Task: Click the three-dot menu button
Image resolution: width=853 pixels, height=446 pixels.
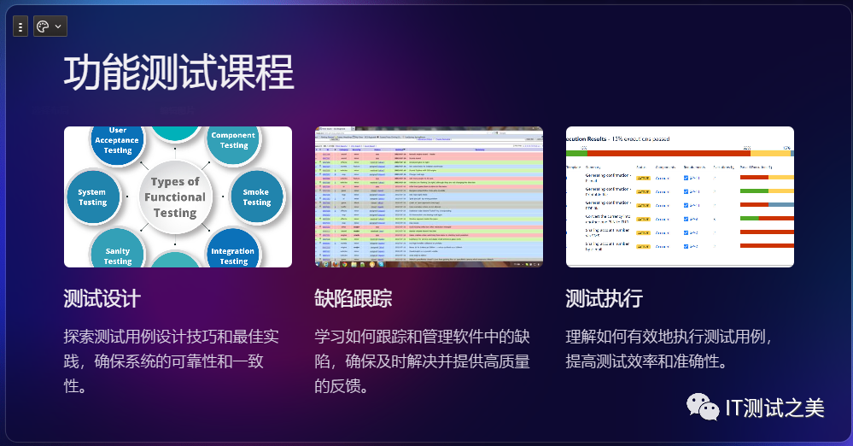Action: (x=20, y=26)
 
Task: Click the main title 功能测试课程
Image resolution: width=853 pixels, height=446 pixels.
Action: (x=178, y=72)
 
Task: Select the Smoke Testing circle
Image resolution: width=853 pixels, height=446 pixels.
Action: (x=255, y=197)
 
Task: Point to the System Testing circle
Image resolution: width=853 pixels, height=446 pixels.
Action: (x=92, y=197)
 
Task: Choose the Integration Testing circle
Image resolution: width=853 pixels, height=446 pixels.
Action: (x=233, y=255)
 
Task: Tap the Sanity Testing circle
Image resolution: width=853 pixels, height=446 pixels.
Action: (x=118, y=255)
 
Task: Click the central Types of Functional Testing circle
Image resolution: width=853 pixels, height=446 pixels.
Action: (x=175, y=197)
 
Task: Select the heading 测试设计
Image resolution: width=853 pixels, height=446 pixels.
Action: (x=102, y=299)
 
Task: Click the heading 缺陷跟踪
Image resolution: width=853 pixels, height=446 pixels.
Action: (x=353, y=299)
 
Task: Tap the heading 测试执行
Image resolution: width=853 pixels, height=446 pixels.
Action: (x=604, y=299)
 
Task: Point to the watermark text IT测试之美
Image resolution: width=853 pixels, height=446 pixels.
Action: (x=774, y=408)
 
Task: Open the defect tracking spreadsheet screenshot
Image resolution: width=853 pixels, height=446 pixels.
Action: (x=429, y=197)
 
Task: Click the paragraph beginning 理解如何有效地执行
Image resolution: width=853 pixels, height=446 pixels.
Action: (x=669, y=348)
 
